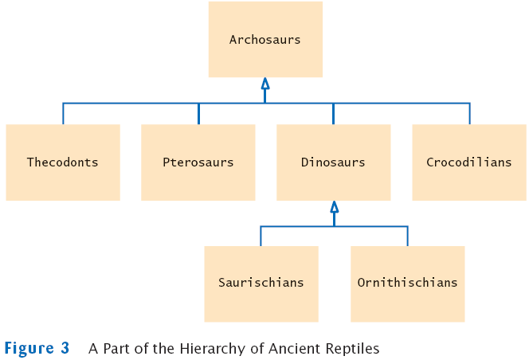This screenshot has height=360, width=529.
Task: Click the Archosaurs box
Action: point(265,39)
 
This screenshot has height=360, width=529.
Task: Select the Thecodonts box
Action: point(63,162)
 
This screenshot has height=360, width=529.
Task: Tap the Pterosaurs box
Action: point(198,162)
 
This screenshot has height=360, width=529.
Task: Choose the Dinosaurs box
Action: point(333,162)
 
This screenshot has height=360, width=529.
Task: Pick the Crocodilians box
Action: point(468,162)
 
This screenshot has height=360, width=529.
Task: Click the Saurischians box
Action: point(261,283)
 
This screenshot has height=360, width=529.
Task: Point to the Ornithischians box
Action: point(407,283)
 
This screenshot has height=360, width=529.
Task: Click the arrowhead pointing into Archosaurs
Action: point(265,84)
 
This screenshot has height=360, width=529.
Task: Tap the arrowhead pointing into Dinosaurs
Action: point(334,207)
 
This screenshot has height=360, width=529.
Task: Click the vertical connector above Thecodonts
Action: point(63,113)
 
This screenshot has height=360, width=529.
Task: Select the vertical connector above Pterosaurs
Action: point(198,113)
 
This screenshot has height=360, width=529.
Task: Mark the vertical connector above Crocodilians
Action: point(469,113)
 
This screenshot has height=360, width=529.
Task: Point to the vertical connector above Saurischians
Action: point(261,236)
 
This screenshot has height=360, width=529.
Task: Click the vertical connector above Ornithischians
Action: point(407,236)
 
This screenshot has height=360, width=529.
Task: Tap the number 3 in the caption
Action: point(65,348)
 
